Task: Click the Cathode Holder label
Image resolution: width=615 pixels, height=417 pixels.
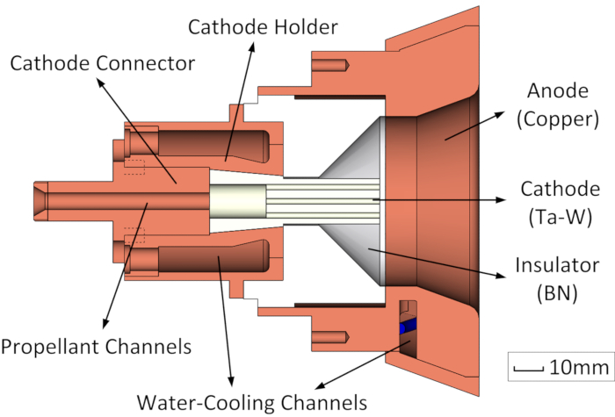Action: pyautogui.click(x=263, y=27)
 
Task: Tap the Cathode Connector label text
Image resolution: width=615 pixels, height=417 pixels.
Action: pyautogui.click(x=103, y=63)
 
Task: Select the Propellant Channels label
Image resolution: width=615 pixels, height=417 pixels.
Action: pyautogui.click(x=96, y=347)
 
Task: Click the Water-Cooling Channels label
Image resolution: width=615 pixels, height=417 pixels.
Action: pyautogui.click(x=252, y=403)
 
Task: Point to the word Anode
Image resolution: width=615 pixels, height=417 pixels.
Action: pyautogui.click(x=558, y=91)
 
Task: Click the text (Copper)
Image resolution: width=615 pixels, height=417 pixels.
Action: pyautogui.click(x=558, y=119)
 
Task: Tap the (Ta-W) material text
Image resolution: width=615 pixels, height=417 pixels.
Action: pyautogui.click(x=561, y=217)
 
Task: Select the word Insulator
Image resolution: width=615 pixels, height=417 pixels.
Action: pyautogui.click(x=557, y=265)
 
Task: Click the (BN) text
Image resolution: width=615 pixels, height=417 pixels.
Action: pyautogui.click(x=557, y=292)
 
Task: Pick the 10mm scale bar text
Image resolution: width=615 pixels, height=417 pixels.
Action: pyautogui.click(x=579, y=367)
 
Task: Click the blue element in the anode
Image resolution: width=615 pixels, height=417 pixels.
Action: pyautogui.click(x=408, y=327)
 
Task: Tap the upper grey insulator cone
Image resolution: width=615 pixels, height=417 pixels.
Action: pyautogui.click(x=353, y=147)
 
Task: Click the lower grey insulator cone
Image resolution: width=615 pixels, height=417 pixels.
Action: pyautogui.click(x=353, y=255)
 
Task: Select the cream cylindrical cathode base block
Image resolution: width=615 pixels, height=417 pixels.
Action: pyautogui.click(x=238, y=201)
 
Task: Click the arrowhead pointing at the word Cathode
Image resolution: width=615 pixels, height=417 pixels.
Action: pyautogui.click(x=501, y=200)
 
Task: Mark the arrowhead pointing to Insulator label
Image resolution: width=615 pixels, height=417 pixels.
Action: pyautogui.click(x=501, y=275)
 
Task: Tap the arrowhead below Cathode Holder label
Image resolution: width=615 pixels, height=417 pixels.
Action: pyautogui.click(x=251, y=47)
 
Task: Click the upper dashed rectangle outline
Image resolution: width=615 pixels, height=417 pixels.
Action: pyautogui.click(x=134, y=167)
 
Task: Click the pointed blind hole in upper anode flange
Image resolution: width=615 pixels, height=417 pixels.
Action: pyautogui.click(x=330, y=65)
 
